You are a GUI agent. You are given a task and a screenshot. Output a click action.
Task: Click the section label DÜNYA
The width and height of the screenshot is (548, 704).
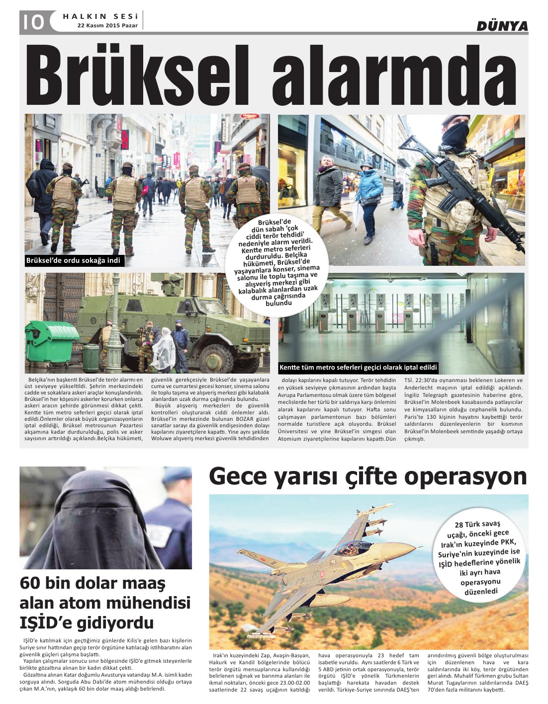tap(502, 26)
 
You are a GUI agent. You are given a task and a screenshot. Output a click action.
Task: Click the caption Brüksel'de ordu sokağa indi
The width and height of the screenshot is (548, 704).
tap(73, 260)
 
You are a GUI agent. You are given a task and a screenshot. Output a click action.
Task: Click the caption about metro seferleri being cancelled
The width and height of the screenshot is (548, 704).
tap(358, 368)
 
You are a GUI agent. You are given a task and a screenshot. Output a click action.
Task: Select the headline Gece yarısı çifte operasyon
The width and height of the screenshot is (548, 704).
tap(367, 476)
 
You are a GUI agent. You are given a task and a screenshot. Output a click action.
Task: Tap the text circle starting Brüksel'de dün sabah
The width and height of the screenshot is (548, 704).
tap(277, 262)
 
